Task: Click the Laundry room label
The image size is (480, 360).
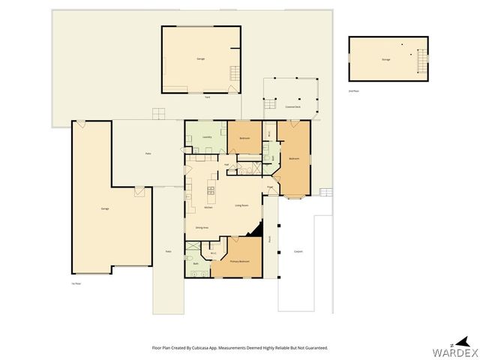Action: (207, 137)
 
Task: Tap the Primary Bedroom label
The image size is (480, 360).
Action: (239, 262)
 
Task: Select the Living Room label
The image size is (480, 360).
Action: (241, 205)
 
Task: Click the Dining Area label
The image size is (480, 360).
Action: (201, 227)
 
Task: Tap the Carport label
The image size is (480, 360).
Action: (298, 251)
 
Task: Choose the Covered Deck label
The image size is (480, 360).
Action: (292, 107)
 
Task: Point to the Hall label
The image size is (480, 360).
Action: (226, 164)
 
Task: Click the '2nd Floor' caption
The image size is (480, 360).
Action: (353, 91)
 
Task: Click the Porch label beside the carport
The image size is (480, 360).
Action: (269, 239)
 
